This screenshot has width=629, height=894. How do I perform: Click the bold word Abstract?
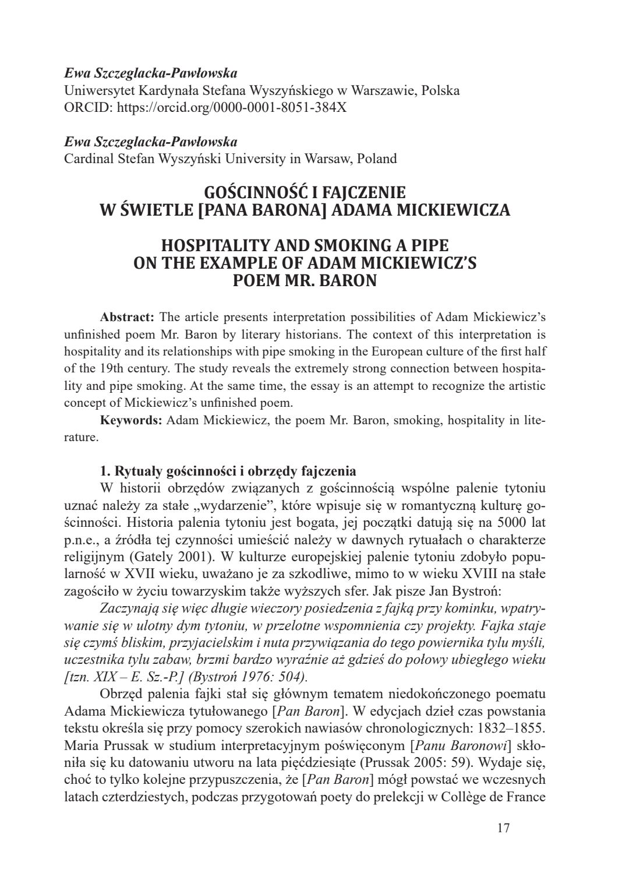coord(127,318)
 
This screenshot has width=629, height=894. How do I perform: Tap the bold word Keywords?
coord(131,420)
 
